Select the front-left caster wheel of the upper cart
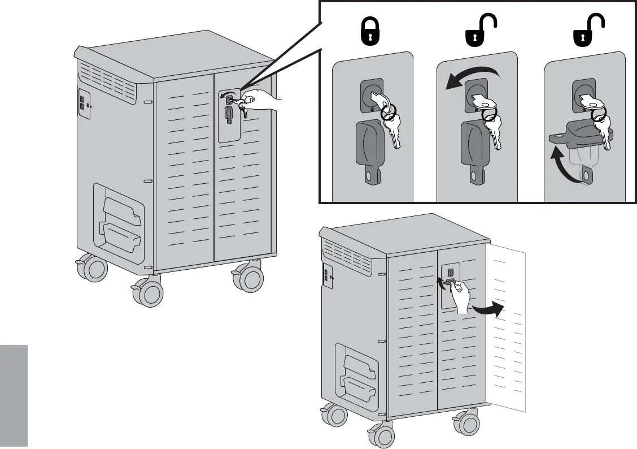pyautogui.click(x=149, y=292)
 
